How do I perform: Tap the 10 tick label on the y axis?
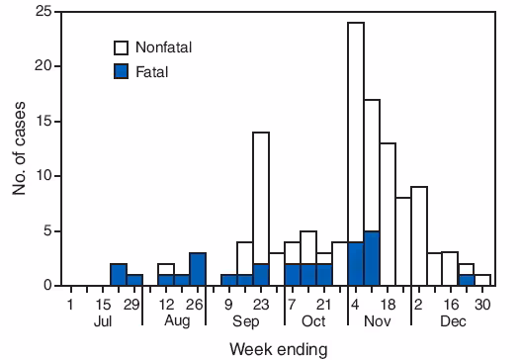tap(43, 176)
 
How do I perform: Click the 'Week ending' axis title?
tap(280, 347)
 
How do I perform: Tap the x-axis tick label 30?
tap(482, 304)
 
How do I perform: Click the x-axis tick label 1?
tap(71, 304)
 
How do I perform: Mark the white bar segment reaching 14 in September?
tap(261, 198)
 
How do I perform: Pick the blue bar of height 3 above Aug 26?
tap(198, 269)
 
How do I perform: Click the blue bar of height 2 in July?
tap(119, 275)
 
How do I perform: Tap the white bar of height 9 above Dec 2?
tap(419, 236)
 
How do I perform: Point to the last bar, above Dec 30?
tap(482, 280)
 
